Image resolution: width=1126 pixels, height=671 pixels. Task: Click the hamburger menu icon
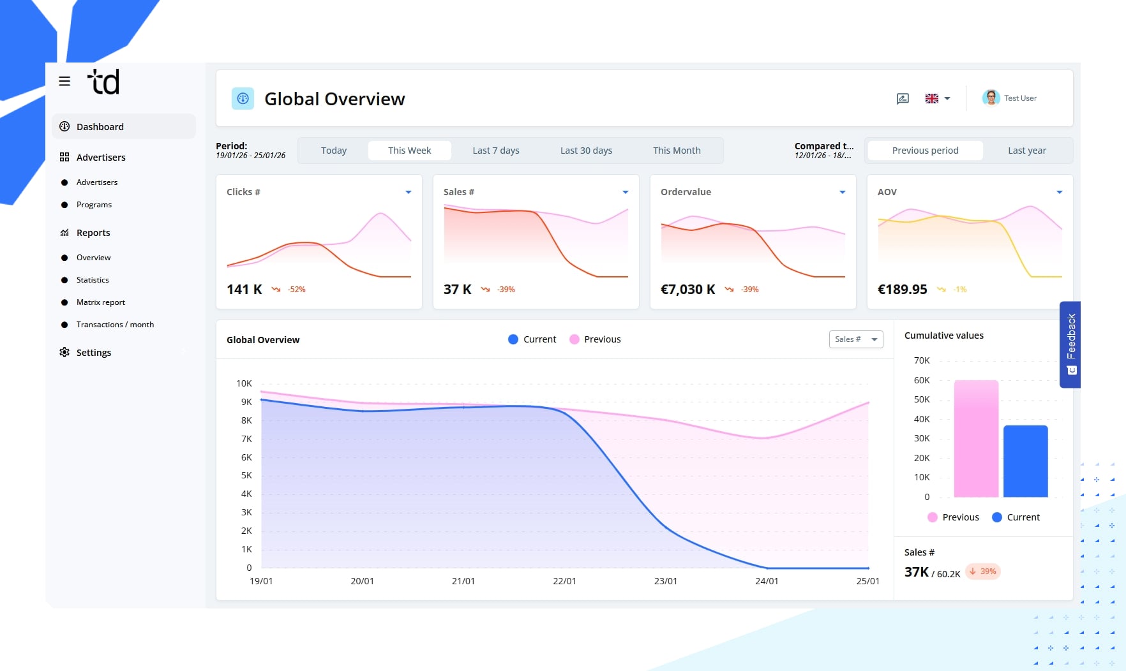coord(64,82)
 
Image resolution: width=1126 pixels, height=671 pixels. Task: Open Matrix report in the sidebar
coord(100,302)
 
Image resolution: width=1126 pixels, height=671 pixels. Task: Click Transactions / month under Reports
coord(115,325)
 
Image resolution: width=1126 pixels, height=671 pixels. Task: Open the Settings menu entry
coord(93,353)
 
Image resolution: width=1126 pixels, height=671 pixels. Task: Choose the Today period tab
coord(333,151)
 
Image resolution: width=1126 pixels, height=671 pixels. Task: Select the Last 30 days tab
coord(585,151)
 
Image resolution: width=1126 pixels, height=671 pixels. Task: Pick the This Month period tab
coord(676,151)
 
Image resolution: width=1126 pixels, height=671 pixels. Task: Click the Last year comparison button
coord(1026,151)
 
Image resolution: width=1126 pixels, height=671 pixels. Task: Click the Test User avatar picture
coord(991,98)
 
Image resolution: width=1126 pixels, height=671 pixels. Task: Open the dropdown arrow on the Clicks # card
coord(409,192)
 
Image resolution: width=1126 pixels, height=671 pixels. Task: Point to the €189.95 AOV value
coord(902,290)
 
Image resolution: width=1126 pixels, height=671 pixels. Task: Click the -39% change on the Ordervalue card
coord(749,290)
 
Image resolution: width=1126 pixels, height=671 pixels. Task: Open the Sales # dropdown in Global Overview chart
coord(855,339)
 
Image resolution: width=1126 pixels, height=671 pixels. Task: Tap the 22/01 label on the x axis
coord(564,581)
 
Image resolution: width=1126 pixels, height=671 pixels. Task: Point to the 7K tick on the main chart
coord(246,439)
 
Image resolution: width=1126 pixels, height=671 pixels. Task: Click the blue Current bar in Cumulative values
coord(1025,461)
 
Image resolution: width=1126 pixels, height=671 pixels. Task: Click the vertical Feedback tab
coord(1070,344)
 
